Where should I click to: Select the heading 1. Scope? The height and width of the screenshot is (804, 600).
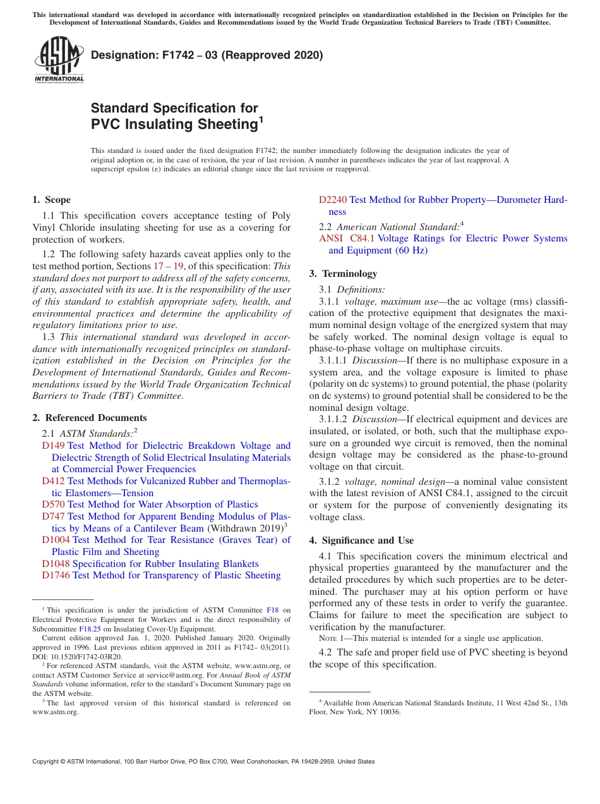[x=52, y=200]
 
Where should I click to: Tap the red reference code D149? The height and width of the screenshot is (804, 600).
[x=53, y=446]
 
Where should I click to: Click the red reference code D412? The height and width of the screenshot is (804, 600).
[x=53, y=481]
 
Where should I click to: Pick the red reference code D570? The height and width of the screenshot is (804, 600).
[x=53, y=504]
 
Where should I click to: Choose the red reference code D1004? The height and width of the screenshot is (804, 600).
[x=56, y=540]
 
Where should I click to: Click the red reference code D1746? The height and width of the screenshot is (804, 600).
[x=56, y=575]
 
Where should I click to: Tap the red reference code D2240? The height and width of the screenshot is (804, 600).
[x=332, y=200]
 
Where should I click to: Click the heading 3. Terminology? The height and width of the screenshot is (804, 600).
[x=343, y=274]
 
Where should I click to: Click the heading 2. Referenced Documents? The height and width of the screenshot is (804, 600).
[x=90, y=418]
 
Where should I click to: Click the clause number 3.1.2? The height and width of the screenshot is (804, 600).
[x=330, y=482]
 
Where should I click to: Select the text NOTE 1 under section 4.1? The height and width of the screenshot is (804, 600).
[x=330, y=639]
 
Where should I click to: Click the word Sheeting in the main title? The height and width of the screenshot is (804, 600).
[x=226, y=125]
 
